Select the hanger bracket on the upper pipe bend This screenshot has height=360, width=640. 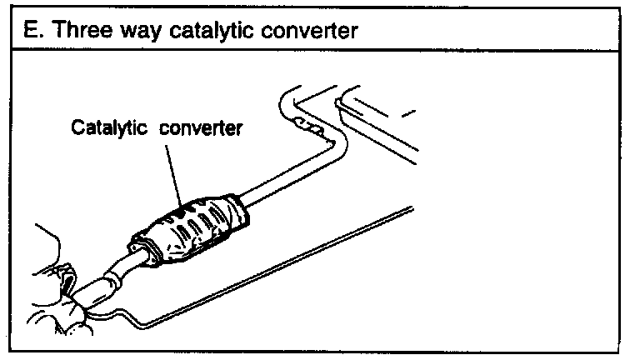pos(308,130)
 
